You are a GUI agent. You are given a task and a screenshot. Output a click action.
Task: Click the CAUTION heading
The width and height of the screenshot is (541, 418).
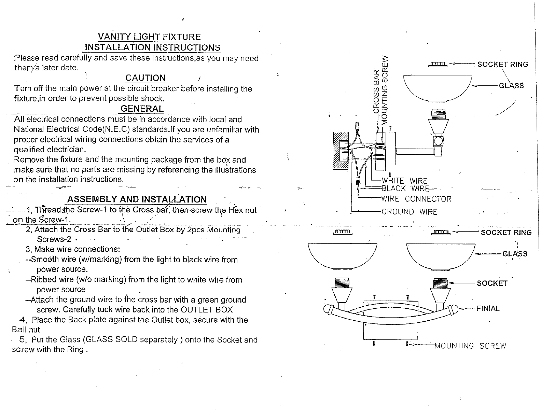click(145, 78)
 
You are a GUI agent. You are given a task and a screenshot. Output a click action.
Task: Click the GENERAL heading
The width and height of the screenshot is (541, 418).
click(142, 109)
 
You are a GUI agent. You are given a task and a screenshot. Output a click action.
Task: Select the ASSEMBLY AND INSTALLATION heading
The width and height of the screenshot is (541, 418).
click(137, 199)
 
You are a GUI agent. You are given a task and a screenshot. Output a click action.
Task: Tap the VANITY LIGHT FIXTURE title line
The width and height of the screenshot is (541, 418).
click(149, 37)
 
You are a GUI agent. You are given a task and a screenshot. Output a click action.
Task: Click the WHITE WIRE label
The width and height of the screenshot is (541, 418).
click(404, 181)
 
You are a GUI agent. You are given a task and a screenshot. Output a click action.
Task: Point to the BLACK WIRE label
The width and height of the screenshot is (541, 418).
click(403, 188)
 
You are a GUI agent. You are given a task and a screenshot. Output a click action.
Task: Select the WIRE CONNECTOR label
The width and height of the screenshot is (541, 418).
click(416, 199)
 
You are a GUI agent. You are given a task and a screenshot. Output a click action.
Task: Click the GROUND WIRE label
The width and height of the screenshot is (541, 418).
click(409, 212)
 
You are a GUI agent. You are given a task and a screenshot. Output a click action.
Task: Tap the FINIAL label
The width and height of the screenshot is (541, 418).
click(488, 308)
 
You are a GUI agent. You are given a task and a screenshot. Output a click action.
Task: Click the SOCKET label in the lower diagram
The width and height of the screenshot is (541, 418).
click(492, 283)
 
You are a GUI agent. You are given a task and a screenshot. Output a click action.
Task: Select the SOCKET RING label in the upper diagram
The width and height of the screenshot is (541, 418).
click(502, 64)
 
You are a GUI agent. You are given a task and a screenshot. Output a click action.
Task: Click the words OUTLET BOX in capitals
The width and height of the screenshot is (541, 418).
click(206, 310)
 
